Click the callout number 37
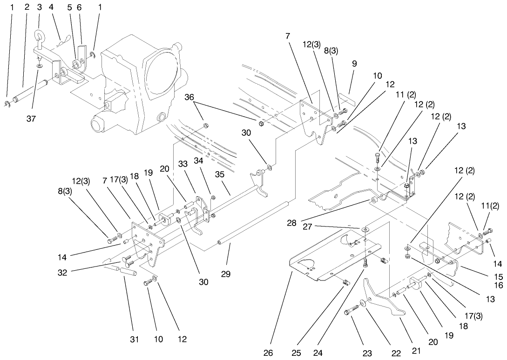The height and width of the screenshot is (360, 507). pyautogui.click(x=31, y=119)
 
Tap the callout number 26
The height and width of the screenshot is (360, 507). pyautogui.click(x=268, y=353)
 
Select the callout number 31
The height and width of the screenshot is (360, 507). pyautogui.click(x=134, y=340)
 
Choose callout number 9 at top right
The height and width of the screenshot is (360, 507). pyautogui.click(x=354, y=64)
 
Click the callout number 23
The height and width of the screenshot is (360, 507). pyautogui.click(x=367, y=353)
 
